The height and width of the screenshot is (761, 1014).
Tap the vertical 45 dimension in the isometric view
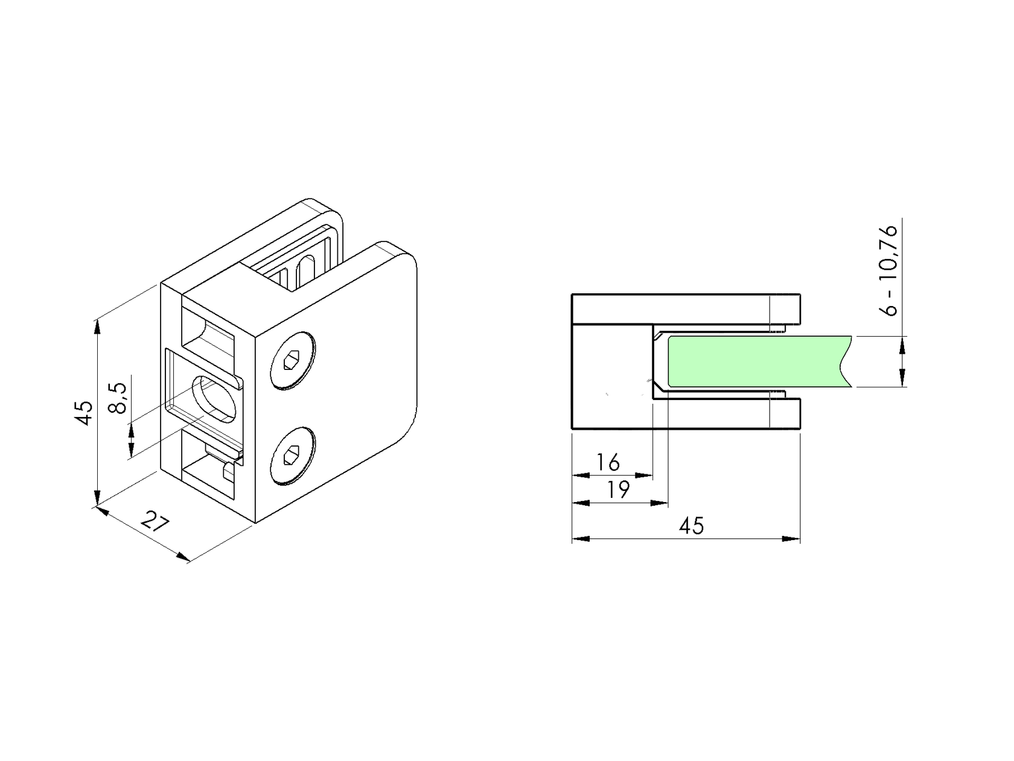86,413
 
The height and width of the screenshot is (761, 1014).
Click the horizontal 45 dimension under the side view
691,526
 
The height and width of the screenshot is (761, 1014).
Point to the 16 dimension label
608,463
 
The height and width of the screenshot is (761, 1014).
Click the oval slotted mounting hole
214,397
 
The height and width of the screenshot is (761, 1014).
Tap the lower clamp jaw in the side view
724,414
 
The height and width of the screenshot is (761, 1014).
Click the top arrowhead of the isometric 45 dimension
97,326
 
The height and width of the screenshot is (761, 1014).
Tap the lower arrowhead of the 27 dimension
182,556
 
